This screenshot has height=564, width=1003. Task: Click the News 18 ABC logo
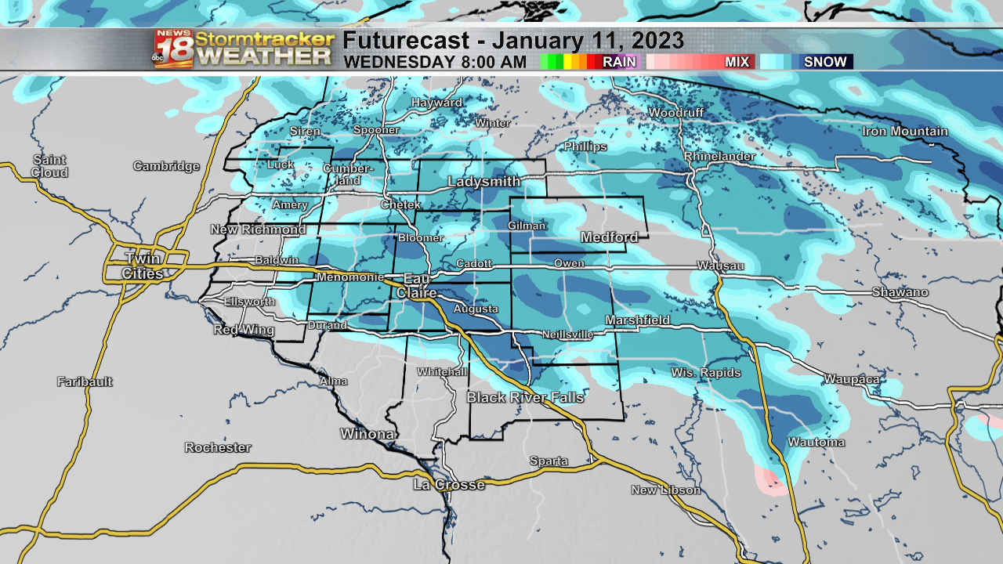pyautogui.click(x=173, y=49)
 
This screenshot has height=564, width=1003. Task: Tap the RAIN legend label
pyautogui.click(x=618, y=62)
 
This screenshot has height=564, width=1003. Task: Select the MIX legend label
pyautogui.click(x=737, y=62)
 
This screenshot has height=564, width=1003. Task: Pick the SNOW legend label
pyautogui.click(x=825, y=62)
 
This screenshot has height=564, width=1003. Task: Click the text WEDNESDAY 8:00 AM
pyautogui.click(x=435, y=62)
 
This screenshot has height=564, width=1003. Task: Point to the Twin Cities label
pyautogui.click(x=143, y=266)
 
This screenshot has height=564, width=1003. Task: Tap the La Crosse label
pyautogui.click(x=449, y=485)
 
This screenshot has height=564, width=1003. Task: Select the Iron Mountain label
pyautogui.click(x=905, y=132)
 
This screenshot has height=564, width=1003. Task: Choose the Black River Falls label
pyautogui.click(x=525, y=398)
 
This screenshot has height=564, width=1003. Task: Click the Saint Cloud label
pyautogui.click(x=49, y=166)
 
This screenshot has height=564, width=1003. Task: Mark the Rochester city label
pyautogui.click(x=218, y=448)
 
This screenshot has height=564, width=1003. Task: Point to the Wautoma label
pyautogui.click(x=817, y=443)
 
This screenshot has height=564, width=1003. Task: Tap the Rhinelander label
pyautogui.click(x=719, y=157)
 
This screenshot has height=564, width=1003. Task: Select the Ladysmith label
pyautogui.click(x=483, y=182)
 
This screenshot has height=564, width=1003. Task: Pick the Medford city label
pyautogui.click(x=609, y=237)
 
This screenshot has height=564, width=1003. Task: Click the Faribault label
pyautogui.click(x=85, y=382)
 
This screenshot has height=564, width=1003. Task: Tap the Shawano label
pyautogui.click(x=900, y=292)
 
